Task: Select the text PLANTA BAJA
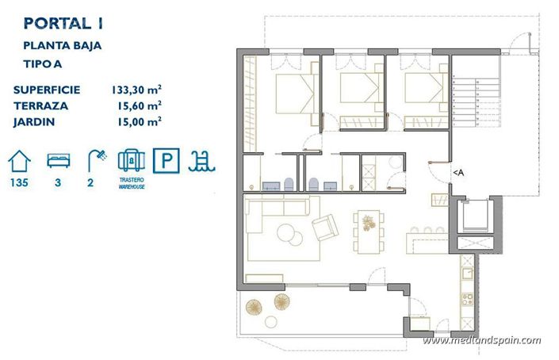pos(62,46)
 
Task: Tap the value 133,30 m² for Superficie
pos(137,89)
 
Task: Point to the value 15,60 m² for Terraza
pos(139,105)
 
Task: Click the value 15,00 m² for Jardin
pos(139,121)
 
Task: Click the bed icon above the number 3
pos(58,161)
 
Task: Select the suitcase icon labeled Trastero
pos(129,160)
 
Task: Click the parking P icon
pos(165,161)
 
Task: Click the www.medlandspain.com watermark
pos(482,341)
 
